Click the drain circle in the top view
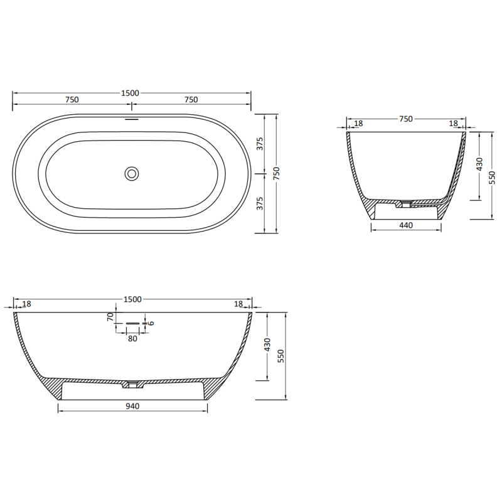pos(132,173)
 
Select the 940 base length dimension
pos(132,406)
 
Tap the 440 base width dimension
pos(406,226)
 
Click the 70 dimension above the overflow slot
pos(110,316)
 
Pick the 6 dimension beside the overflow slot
pos(151,324)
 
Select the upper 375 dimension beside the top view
pos(259,144)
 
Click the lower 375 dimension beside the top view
pos(259,203)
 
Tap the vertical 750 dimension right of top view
pos(275,173)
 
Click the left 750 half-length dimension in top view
pos(72,100)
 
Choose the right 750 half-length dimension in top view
pos(191,100)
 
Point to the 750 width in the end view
pos(406,119)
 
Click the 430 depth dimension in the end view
pos(480,164)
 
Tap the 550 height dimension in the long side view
pos(282,356)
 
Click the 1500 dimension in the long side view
pos(132,299)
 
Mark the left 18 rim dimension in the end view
pos(358,124)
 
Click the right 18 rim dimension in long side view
pos(238,304)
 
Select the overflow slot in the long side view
pos(132,323)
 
